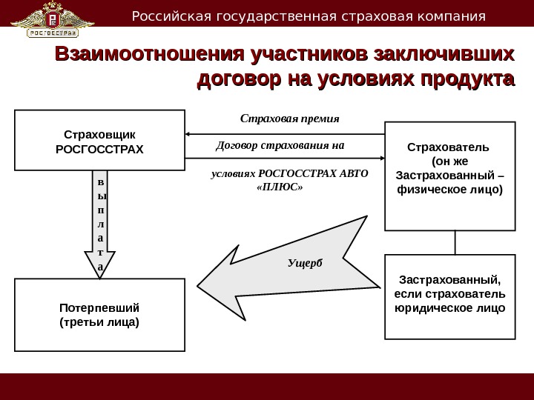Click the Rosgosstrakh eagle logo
coord(56,20)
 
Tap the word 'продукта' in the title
coord(462,79)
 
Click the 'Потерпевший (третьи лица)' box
coord(100,315)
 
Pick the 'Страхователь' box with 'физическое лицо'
coord(449,176)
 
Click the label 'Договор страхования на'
coord(280,144)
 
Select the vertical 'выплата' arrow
coord(101,222)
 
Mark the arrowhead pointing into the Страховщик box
coord(189,134)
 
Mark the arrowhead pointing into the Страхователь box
coord(380,158)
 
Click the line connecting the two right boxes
coord(455,242)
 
